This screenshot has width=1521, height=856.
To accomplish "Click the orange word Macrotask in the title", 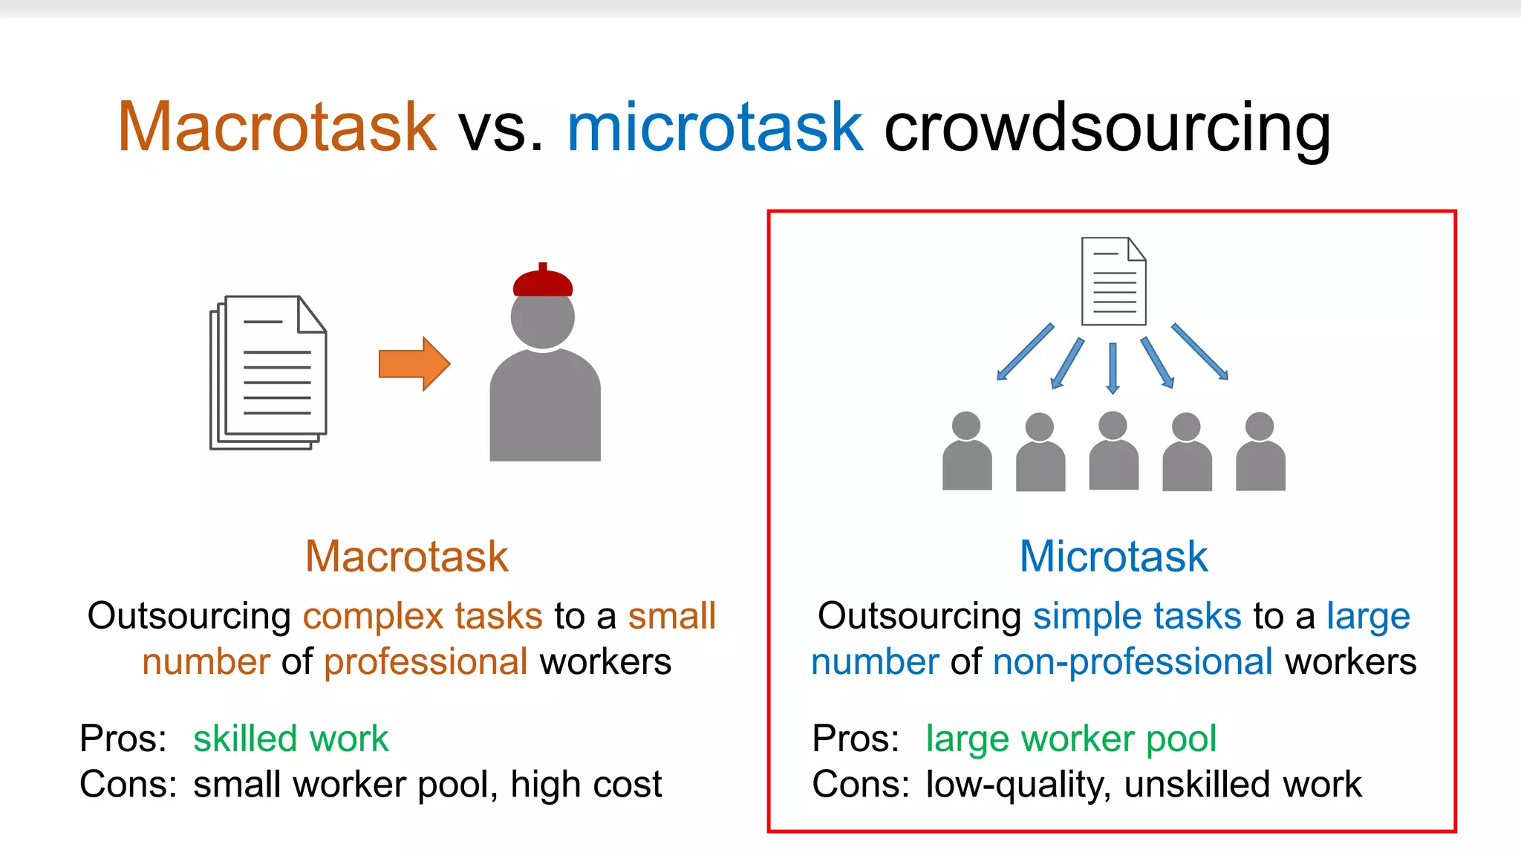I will click(x=277, y=128).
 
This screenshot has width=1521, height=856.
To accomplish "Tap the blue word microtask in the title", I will click(x=714, y=128).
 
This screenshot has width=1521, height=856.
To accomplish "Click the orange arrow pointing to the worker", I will click(x=414, y=363).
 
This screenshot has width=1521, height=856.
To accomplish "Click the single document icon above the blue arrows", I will click(x=1113, y=282).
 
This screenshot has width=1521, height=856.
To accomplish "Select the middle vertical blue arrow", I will click(x=1113, y=367).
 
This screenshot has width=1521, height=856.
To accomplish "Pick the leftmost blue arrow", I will click(x=1025, y=352).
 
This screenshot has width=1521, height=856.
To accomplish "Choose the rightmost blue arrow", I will click(x=1200, y=351).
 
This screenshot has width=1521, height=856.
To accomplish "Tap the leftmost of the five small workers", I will click(x=967, y=452).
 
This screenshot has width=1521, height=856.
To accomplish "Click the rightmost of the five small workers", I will click(x=1260, y=452).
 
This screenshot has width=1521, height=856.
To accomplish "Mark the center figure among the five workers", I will click(x=1113, y=451).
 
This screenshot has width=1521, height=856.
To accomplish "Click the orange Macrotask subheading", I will click(x=407, y=557).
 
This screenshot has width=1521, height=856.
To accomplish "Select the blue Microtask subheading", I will click(x=1113, y=557).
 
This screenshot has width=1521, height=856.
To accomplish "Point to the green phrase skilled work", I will click(x=290, y=739).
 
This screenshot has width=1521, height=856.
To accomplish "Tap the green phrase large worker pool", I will click(x=1070, y=739).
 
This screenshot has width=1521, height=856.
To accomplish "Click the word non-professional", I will click(x=1133, y=661).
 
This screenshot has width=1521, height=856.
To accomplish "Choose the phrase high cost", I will click(x=586, y=785).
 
